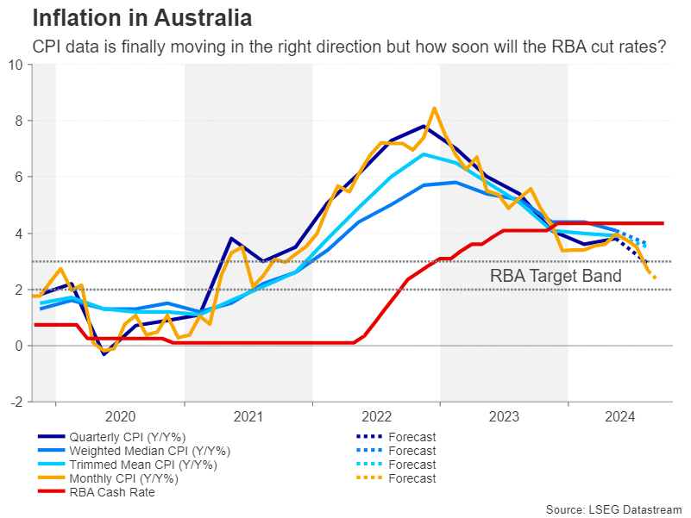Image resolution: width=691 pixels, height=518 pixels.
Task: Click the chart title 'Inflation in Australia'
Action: (141, 18)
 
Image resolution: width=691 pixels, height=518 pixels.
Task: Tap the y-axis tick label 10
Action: (16, 65)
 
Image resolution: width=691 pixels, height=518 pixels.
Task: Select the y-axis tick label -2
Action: (17, 402)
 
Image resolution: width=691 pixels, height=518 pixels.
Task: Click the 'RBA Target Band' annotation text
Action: (556, 277)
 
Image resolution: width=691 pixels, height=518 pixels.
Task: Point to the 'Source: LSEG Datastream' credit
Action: (613, 509)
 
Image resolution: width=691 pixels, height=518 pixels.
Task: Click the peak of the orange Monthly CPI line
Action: (434, 109)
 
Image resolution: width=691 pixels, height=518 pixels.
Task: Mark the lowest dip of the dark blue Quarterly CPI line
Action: (104, 354)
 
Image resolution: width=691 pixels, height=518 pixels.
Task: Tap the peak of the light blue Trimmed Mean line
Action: (424, 154)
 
